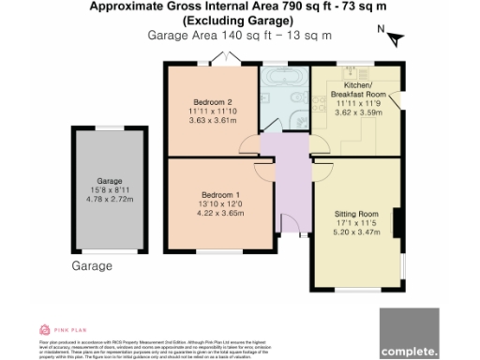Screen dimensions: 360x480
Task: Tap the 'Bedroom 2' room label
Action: click(x=213, y=102)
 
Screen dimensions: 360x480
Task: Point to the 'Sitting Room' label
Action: click(x=356, y=215)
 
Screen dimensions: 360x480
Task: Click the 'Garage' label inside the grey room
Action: click(x=111, y=179)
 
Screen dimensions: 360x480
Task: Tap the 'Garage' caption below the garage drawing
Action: click(x=92, y=266)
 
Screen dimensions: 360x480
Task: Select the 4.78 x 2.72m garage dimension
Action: click(x=111, y=199)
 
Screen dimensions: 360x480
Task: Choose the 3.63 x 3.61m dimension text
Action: click(x=213, y=121)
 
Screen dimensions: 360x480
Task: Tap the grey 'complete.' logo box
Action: click(x=409, y=333)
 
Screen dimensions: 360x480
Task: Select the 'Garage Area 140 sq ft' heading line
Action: click(x=239, y=35)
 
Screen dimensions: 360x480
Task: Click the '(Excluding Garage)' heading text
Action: click(x=239, y=21)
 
